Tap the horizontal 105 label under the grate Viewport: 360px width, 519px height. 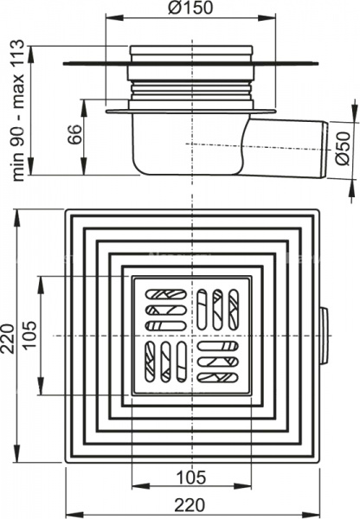[x=190, y=477]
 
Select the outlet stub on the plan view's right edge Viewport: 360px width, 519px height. [x=324, y=335]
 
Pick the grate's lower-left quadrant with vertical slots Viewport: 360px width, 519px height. [x=164, y=362]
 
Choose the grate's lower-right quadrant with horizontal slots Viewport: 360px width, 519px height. [x=218, y=362]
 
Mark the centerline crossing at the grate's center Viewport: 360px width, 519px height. [x=191, y=335]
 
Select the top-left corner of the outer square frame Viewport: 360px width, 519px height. [x=66, y=210]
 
